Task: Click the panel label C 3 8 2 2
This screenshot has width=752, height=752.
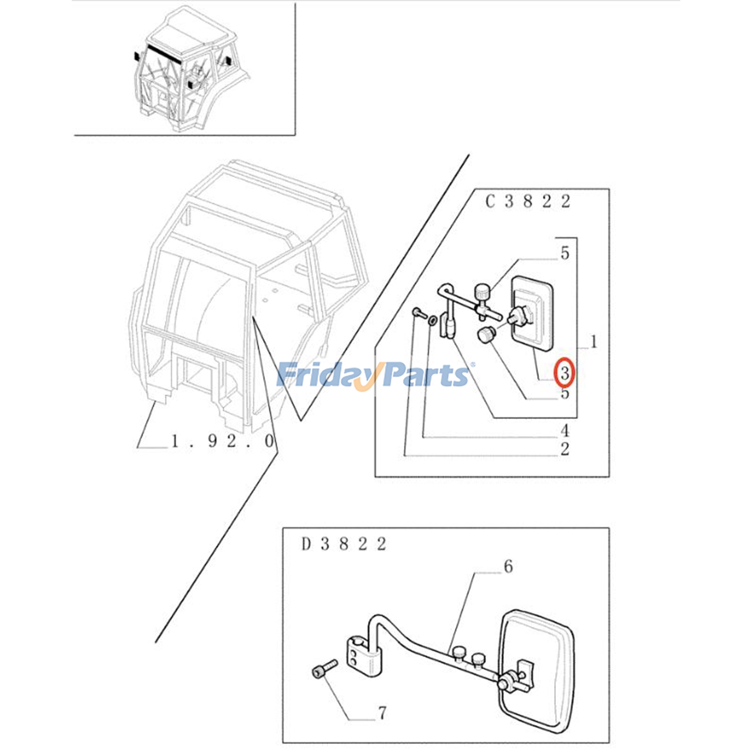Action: point(528,202)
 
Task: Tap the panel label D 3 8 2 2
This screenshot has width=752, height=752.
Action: point(344,544)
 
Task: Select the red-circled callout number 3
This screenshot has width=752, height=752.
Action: point(564,373)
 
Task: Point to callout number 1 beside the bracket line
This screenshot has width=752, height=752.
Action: point(594,342)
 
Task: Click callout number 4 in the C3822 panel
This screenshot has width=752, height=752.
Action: point(565,430)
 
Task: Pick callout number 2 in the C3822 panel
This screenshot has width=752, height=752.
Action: point(565,449)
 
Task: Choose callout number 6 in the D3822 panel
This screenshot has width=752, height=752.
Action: point(508,567)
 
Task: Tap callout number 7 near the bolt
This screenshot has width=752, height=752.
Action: point(382,713)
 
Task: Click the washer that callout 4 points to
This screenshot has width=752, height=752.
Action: point(432,321)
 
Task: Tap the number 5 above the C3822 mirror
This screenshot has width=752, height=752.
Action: point(565,253)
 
